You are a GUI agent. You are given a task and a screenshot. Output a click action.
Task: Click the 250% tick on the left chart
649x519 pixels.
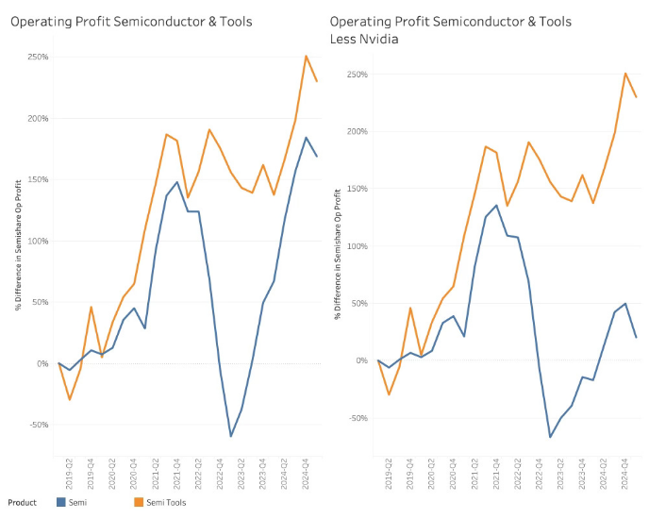point(37,57)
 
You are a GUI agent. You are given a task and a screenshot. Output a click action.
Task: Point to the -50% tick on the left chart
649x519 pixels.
point(37,425)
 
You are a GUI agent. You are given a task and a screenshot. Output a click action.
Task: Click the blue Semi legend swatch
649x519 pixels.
point(61,503)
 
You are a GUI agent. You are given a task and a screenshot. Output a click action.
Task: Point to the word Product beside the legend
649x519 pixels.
point(23,503)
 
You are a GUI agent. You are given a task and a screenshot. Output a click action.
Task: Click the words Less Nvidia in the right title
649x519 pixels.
point(364,39)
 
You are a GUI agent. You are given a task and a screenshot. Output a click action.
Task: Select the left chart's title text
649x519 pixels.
point(131,21)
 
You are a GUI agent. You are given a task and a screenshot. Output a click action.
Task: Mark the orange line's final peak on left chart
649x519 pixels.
point(306,56)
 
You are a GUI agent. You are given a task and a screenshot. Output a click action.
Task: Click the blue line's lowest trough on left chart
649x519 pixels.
point(230,436)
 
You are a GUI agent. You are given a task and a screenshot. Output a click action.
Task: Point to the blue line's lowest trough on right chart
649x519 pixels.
point(550,437)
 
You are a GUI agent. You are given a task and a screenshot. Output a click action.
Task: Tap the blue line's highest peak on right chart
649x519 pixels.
point(496,205)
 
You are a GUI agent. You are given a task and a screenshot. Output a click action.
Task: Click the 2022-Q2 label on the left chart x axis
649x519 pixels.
point(198,470)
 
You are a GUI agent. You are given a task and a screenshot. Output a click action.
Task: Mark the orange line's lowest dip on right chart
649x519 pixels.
point(390,394)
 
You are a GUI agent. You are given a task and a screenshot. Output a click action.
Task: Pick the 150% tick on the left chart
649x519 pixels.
point(37,179)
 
